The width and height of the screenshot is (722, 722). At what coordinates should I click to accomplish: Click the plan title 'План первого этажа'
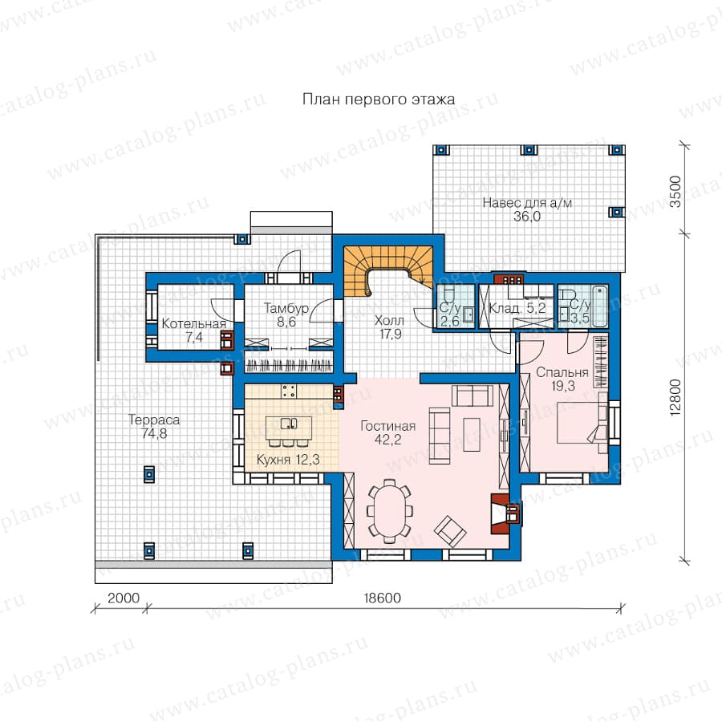coord(379,99)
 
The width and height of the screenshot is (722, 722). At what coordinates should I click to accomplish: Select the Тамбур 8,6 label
coord(286,315)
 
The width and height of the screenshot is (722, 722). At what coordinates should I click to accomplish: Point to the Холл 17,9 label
coord(390,327)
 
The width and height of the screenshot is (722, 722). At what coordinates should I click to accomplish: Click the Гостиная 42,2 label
coord(387,432)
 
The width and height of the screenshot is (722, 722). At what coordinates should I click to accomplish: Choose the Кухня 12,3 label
coord(288,459)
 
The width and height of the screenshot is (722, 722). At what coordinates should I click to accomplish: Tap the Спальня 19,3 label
coord(562,379)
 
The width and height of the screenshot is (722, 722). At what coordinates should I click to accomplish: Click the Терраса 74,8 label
coord(154,427)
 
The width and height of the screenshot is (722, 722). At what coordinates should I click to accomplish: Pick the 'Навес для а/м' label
coord(527,203)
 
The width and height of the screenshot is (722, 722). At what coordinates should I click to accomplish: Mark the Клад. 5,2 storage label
coord(517,308)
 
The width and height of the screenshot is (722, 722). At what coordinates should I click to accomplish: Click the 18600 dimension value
coord(382,598)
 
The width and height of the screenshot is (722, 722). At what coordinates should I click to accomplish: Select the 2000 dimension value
coord(124,598)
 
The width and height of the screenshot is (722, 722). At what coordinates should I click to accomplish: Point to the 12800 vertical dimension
coord(675,398)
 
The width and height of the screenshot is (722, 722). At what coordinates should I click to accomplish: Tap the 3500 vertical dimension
coord(675,192)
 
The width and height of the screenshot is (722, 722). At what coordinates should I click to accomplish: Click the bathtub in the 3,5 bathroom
coord(599,306)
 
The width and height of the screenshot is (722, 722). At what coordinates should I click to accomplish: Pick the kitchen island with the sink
coord(289,428)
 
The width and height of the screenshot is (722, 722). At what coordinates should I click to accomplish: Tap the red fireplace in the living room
coord(501,513)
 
